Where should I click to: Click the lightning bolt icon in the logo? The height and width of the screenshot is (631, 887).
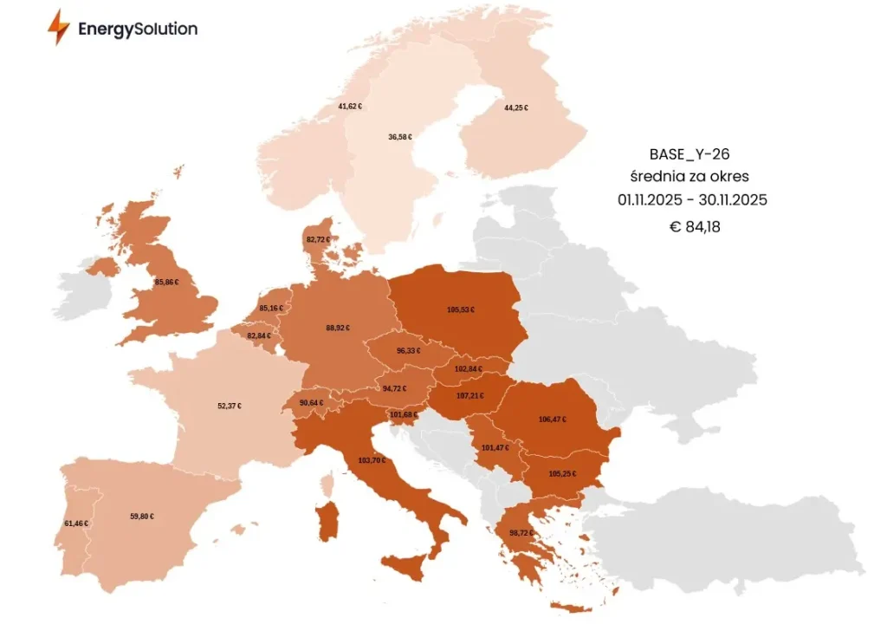pyautogui.click(x=59, y=28)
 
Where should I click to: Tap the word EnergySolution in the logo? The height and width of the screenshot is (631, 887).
pyautogui.click(x=137, y=29)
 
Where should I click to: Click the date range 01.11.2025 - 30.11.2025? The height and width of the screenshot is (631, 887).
pyautogui.click(x=691, y=200)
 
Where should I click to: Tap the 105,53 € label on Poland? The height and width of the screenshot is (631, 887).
pyautogui.click(x=460, y=309)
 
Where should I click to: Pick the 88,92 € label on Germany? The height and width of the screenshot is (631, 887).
pyautogui.click(x=338, y=328)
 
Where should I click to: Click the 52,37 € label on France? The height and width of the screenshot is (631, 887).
pyautogui.click(x=230, y=406)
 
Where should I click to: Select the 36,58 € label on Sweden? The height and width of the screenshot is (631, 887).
pyautogui.click(x=400, y=137)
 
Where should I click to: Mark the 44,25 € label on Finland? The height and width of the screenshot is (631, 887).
pyautogui.click(x=516, y=108)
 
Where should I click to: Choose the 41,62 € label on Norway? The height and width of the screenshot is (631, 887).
pyautogui.click(x=350, y=107)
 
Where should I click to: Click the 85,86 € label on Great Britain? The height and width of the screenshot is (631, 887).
pyautogui.click(x=166, y=283)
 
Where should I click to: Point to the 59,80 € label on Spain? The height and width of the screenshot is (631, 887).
pyautogui.click(x=142, y=517)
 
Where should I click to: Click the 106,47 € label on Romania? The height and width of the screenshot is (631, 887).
pyautogui.click(x=552, y=420)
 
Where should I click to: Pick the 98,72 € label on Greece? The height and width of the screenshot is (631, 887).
pyautogui.click(x=521, y=532)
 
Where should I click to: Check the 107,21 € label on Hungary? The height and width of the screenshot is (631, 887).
pyautogui.click(x=470, y=396)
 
